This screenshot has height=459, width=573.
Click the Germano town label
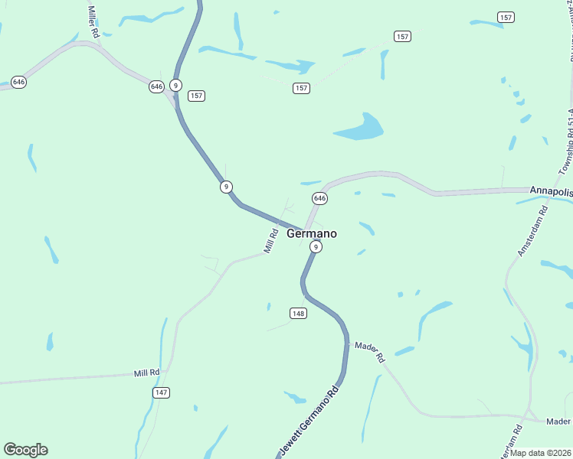click(311, 234)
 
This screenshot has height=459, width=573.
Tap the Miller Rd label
click(93, 23)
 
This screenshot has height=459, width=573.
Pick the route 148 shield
click(299, 314)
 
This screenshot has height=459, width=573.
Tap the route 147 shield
click(161, 392)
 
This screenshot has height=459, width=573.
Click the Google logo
click(25, 450)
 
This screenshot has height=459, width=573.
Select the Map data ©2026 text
click(540, 452)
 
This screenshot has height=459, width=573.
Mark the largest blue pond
click(360, 128)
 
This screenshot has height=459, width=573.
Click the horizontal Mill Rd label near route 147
click(146, 373)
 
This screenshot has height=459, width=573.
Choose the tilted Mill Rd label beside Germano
click(270, 241)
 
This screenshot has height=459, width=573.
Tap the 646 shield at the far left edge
click(19, 82)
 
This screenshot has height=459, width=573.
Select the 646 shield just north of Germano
click(320, 198)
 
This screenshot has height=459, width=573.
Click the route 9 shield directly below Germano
click(316, 247)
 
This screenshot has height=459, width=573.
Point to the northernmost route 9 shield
click(176, 86)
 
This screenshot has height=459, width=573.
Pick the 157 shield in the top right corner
click(506, 17)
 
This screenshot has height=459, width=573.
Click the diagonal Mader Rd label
click(369, 352)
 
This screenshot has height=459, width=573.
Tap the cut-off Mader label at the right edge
click(558, 422)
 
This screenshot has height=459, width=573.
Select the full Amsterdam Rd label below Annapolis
click(532, 229)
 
